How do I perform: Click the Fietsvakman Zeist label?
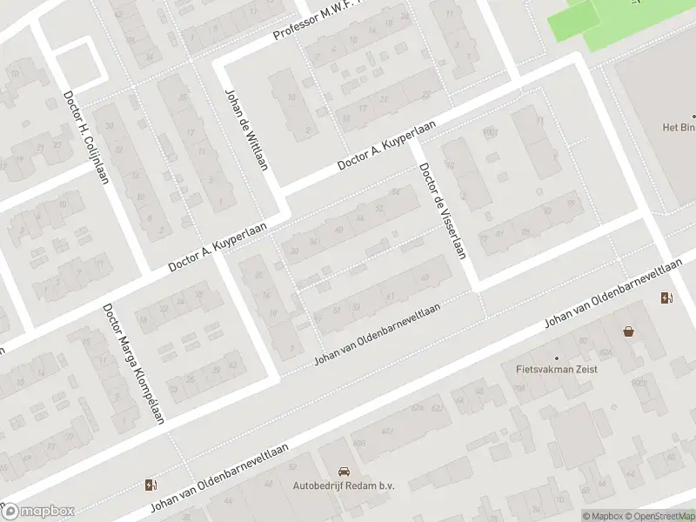click(x=558, y=369)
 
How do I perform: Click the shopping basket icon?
click(x=628, y=331)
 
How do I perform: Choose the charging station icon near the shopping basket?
click(x=666, y=298)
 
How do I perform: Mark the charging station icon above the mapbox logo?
click(x=152, y=485)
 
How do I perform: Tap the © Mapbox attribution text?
click(x=602, y=516)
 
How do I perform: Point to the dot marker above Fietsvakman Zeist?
click(x=558, y=357)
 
